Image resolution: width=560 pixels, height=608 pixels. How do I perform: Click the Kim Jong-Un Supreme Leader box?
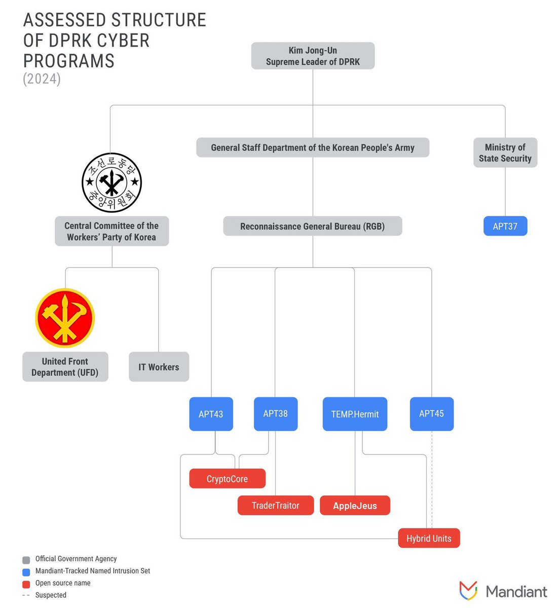313,56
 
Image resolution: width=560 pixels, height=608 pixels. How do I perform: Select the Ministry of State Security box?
505,153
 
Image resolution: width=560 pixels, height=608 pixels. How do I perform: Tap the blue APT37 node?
505,226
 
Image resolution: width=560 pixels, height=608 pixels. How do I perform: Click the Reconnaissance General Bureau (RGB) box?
312,226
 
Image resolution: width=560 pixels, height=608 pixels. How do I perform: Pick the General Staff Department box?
312,147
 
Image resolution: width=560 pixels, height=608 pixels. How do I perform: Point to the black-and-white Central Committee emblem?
111,182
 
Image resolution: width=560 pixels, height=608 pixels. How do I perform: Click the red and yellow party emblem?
65,318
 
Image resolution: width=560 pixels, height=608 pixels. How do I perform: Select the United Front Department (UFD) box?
65,367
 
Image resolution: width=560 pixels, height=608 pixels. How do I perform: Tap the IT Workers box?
159,367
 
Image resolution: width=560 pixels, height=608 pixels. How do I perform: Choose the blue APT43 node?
211,414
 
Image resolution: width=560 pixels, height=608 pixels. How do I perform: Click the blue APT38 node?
275,414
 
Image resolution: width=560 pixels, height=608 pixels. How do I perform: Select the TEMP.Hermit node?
355,414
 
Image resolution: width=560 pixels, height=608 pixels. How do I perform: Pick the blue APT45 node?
431,414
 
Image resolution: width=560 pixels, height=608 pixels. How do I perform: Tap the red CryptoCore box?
227,479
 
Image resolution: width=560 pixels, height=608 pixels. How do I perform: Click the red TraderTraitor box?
275,505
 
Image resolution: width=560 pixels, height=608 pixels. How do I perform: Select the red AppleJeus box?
355,505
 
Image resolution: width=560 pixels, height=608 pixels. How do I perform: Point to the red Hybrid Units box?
429,538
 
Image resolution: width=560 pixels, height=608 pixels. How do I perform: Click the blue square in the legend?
26,572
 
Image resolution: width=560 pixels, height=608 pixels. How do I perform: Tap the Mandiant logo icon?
468,591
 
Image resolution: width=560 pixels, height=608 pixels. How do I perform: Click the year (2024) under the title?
42,79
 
